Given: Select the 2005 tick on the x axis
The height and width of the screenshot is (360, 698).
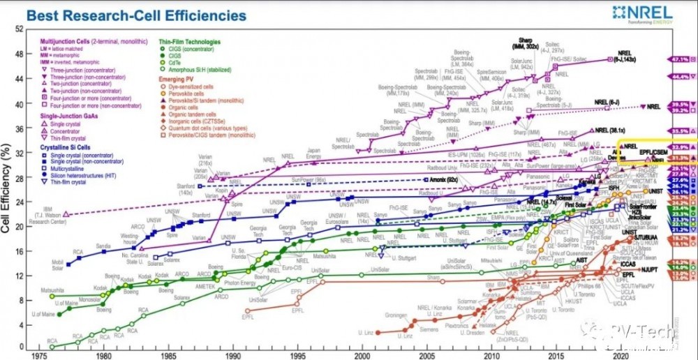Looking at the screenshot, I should pyautogui.click(x=424, y=354).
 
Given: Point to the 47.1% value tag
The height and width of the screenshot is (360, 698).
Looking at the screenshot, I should pyautogui.click(x=678, y=60).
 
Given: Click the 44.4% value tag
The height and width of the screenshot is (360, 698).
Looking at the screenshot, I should pyautogui.click(x=678, y=77).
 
